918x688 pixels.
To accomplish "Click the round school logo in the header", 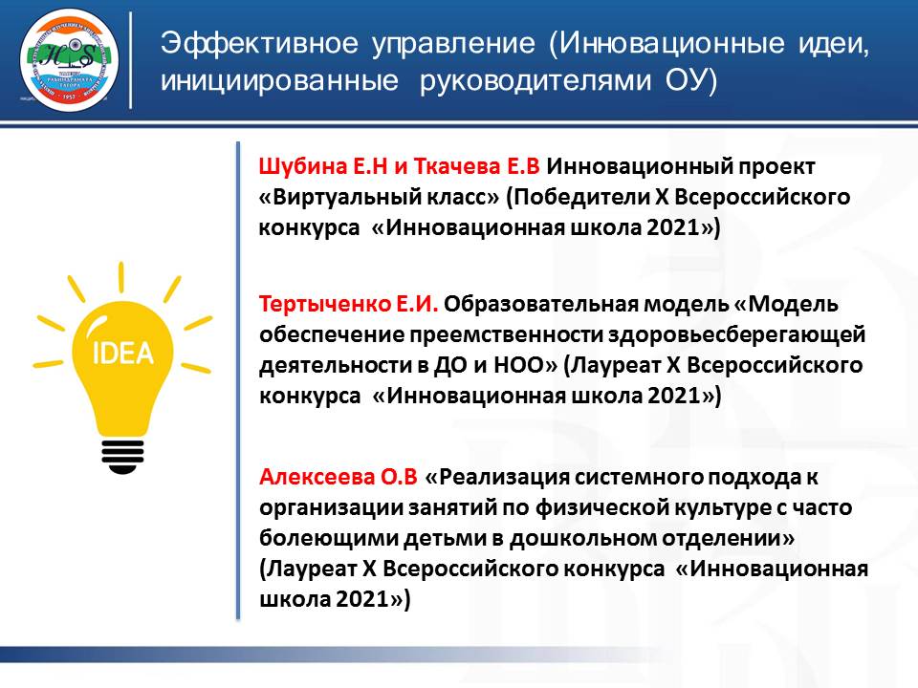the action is [x=69, y=61].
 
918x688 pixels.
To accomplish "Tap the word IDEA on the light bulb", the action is [x=123, y=353].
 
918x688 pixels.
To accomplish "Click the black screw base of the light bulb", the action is [x=123, y=457].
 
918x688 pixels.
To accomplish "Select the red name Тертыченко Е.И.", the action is [x=348, y=304].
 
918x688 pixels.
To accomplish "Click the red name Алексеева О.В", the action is [x=339, y=478].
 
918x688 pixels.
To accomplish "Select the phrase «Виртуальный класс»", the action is [x=379, y=197].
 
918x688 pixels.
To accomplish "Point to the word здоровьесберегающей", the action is [x=736, y=335].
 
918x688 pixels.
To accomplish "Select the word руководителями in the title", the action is [x=535, y=80].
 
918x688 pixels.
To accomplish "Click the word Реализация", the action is [x=503, y=478].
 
